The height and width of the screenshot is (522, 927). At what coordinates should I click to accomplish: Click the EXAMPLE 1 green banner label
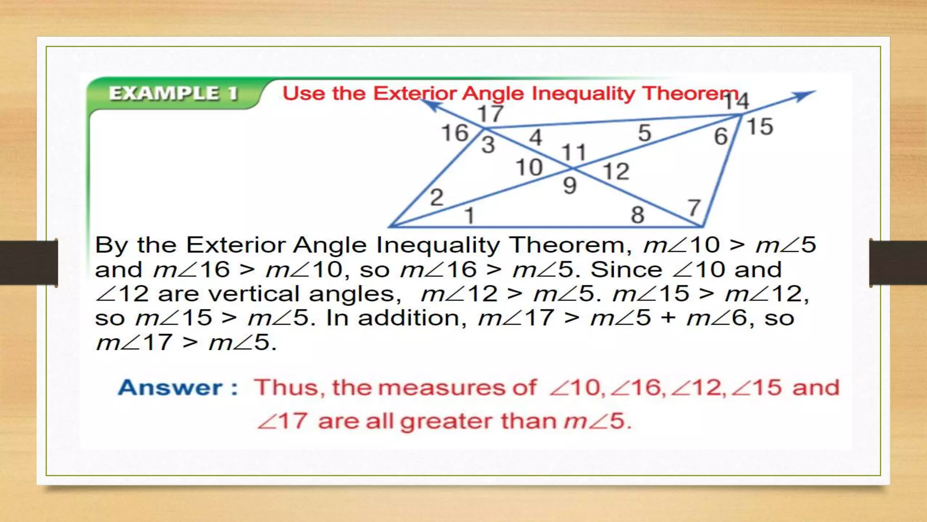point(173,93)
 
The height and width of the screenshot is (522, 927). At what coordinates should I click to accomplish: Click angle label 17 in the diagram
point(490,114)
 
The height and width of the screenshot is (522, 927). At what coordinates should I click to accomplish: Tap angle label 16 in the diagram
point(454,133)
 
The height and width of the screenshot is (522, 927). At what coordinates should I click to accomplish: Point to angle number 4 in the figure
point(535,137)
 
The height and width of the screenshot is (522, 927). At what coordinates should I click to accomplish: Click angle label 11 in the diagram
point(574,153)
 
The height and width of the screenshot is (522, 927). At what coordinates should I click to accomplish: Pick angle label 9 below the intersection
point(570,186)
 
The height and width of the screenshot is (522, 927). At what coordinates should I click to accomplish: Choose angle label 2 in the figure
point(436,198)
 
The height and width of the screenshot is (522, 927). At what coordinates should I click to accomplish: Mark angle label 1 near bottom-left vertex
point(469,215)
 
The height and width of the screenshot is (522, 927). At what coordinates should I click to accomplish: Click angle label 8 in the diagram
point(637,215)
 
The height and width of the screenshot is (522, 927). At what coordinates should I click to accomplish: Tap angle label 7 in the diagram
point(694,208)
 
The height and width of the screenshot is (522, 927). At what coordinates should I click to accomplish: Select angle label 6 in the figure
point(721,136)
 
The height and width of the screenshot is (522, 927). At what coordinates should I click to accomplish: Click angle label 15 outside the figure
point(760,126)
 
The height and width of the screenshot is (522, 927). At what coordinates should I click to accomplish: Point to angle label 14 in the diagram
point(736,101)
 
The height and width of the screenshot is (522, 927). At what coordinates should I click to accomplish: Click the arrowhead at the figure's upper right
point(805,95)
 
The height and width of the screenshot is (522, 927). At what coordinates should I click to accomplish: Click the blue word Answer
point(170,388)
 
